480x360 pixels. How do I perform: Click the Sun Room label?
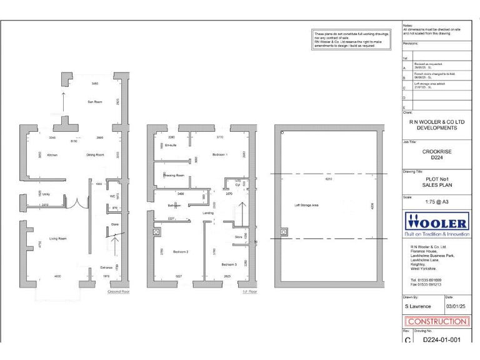(94, 101)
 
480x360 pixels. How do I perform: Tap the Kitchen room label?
(52, 154)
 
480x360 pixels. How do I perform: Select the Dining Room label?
(95, 154)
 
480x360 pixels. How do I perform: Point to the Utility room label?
(46, 195)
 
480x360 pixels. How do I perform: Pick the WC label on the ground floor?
(113, 196)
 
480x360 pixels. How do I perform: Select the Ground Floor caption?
(118, 292)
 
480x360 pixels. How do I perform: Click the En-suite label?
(171, 145)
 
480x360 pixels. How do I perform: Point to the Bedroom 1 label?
(220, 154)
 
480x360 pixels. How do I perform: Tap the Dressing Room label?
(174, 176)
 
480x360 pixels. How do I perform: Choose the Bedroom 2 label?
(181, 251)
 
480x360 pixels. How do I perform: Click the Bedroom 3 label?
(229, 264)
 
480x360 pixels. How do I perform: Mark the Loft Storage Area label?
(307, 205)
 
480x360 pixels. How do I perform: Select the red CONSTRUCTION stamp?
(437, 321)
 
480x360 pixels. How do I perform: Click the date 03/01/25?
(457, 307)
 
